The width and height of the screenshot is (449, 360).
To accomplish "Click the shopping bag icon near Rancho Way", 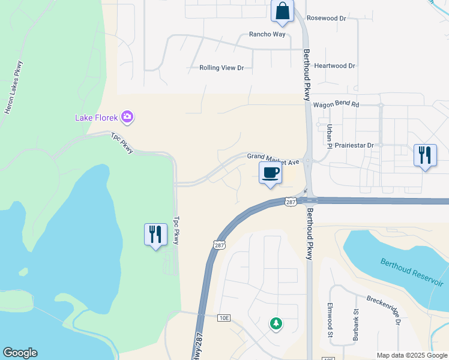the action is pyautogui.click(x=282, y=11).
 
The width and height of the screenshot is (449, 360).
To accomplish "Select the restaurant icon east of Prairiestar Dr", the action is pyautogui.click(x=425, y=155).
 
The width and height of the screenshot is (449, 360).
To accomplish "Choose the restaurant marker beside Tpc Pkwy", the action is pyautogui.click(x=155, y=233).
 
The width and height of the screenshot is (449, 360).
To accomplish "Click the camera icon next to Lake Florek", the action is pyautogui.click(x=127, y=116).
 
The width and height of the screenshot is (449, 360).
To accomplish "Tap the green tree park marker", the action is pyautogui.click(x=276, y=324).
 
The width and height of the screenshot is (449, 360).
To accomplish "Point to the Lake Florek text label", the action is pyautogui.click(x=96, y=118).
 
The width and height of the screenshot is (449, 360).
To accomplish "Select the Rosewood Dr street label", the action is pyautogui.click(x=327, y=19).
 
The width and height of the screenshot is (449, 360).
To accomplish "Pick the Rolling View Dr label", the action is pyautogui.click(x=221, y=68).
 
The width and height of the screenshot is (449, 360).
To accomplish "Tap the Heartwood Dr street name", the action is pyautogui.click(x=335, y=65).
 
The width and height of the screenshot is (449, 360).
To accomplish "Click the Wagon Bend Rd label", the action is pyautogui.click(x=336, y=104).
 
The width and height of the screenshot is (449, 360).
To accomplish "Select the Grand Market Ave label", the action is pyautogui.click(x=273, y=158).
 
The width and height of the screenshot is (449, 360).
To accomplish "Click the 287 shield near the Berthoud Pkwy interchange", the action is pyautogui.click(x=291, y=201).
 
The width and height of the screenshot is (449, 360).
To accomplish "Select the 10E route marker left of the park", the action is pyautogui.click(x=223, y=317).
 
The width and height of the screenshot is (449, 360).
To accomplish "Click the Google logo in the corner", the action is pyautogui.click(x=20, y=353).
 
